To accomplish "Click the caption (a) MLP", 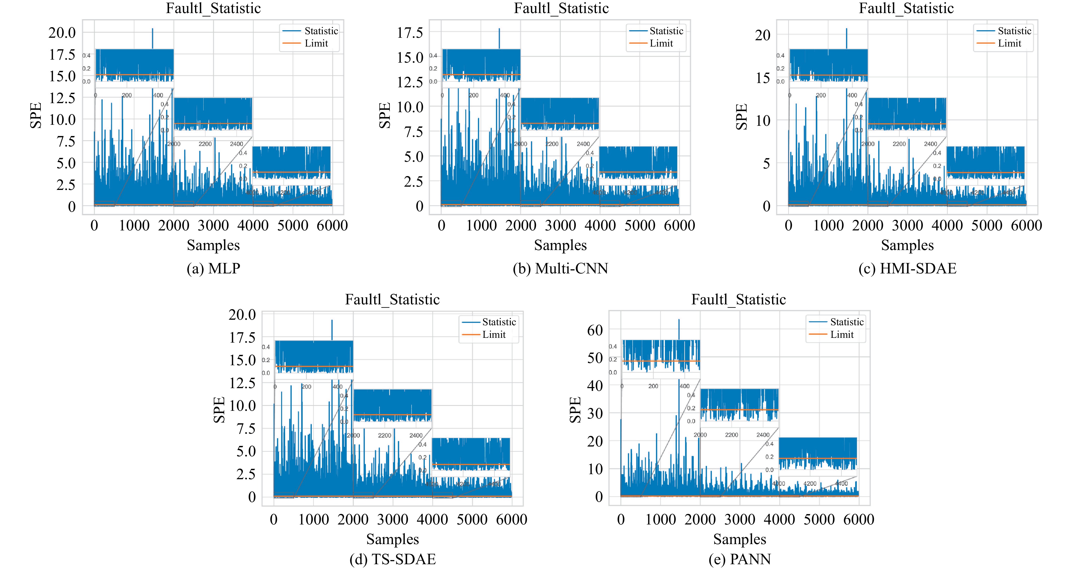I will pos(213,268).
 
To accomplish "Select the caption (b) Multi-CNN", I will pos(560,268).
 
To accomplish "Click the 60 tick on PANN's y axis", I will pos(595,330).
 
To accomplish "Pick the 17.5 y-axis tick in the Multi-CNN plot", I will pos(410,32).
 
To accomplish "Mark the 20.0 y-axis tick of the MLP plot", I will pos(62,32).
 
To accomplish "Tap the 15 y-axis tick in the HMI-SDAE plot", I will pos(763,78).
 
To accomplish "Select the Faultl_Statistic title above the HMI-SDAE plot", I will pos(906,8).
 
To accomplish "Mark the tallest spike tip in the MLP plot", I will pos(152,29).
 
